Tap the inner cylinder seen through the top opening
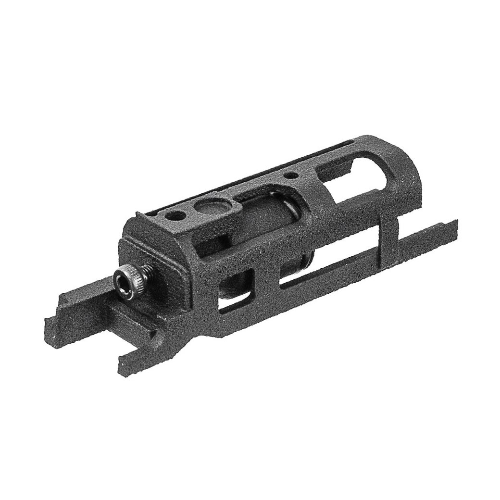click(269, 212)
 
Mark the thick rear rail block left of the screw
click(87, 308)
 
